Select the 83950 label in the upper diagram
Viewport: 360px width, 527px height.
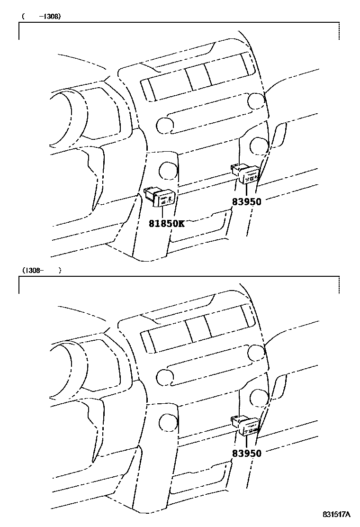click(246, 201)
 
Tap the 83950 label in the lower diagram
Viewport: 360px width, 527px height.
click(246, 454)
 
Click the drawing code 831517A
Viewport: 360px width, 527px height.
click(337, 515)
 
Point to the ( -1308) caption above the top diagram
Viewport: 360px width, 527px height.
click(42, 16)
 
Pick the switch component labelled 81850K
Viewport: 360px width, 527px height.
click(161, 196)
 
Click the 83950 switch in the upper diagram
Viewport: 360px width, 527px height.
click(246, 174)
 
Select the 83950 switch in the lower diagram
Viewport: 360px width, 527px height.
click(246, 426)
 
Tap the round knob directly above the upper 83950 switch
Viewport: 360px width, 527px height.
click(259, 145)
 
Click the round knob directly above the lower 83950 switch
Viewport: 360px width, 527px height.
click(259, 397)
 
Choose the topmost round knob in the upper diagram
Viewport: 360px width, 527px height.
click(256, 100)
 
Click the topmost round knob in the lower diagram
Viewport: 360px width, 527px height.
click(256, 353)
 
